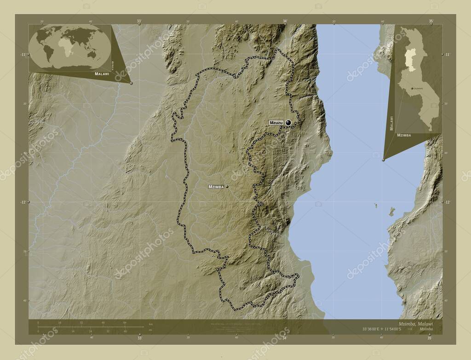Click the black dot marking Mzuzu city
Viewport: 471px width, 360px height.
288,123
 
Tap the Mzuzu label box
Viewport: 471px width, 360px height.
276,123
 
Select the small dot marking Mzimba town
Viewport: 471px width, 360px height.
227,187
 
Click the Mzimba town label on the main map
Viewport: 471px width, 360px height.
216,187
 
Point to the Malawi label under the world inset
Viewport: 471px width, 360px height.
102,74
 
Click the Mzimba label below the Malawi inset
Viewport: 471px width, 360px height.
403,136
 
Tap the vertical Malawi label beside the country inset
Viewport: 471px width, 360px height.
391,123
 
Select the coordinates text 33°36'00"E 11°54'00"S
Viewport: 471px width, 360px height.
379,330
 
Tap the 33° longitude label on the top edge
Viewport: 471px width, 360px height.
139,21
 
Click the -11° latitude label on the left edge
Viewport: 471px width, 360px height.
22,54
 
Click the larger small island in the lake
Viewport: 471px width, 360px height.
391,212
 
